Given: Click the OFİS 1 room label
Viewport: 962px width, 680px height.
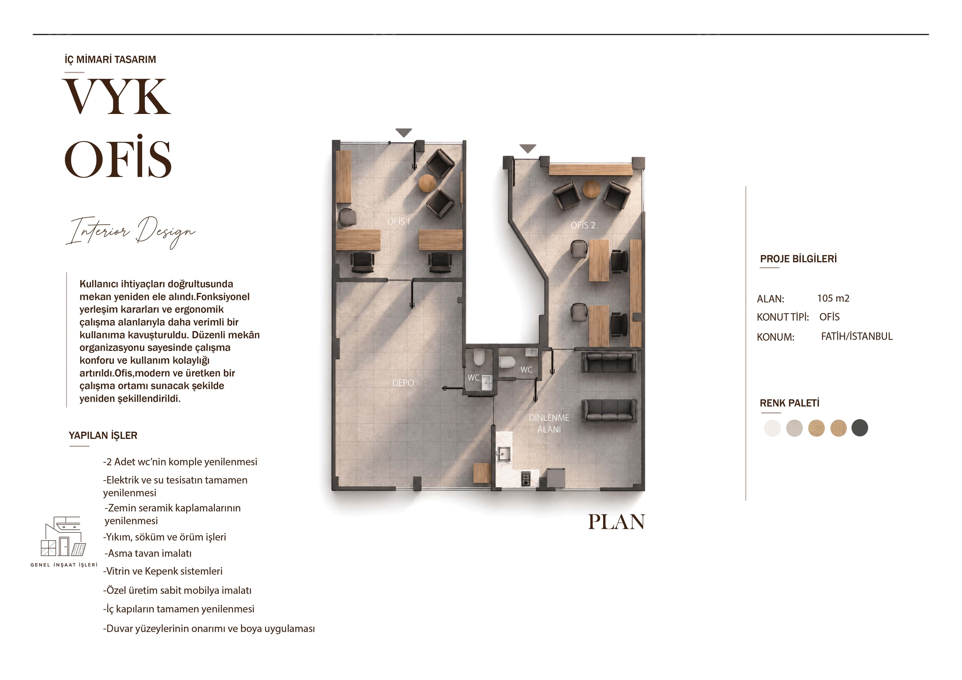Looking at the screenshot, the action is [x=399, y=221].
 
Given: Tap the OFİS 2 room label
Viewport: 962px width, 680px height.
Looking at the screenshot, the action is [x=583, y=225].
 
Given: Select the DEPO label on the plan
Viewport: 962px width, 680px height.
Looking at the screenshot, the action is [x=403, y=382].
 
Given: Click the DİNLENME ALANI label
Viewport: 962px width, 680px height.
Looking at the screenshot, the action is [x=549, y=423].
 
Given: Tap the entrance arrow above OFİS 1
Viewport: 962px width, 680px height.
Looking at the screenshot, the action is [x=404, y=133].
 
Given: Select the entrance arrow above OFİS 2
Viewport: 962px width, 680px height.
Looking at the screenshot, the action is [x=528, y=148].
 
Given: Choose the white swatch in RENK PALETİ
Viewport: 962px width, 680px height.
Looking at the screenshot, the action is [x=772, y=428].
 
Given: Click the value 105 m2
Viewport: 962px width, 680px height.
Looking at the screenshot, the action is [x=833, y=298].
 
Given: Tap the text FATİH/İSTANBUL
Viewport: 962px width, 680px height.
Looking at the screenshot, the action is [x=857, y=336].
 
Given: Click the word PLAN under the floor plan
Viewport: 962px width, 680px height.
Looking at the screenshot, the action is [x=616, y=522].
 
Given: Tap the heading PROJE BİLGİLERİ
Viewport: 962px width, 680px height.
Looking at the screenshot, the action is [x=798, y=258].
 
